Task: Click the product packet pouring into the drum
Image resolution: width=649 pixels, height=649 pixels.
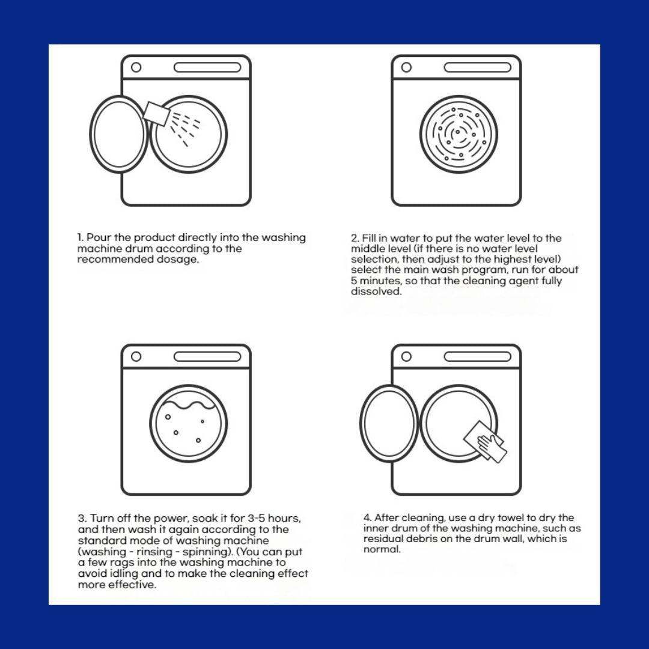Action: pos(156,113)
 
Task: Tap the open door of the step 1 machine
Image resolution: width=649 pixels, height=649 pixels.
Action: pos(119,134)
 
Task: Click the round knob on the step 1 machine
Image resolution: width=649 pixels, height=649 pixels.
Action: pos(136,67)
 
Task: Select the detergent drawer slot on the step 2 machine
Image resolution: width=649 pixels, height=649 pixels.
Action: pos(478,67)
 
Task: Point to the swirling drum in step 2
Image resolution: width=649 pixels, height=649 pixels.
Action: pos(459,134)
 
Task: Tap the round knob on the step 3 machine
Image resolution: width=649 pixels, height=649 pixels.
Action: pos(136,356)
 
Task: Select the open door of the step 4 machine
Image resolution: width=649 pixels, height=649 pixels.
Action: pos(389,423)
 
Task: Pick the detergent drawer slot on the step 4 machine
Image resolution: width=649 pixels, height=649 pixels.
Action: pos(478,356)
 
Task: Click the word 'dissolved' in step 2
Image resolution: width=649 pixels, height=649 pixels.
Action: pos(376,291)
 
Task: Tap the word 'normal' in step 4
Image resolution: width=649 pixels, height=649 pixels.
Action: pos(382,550)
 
